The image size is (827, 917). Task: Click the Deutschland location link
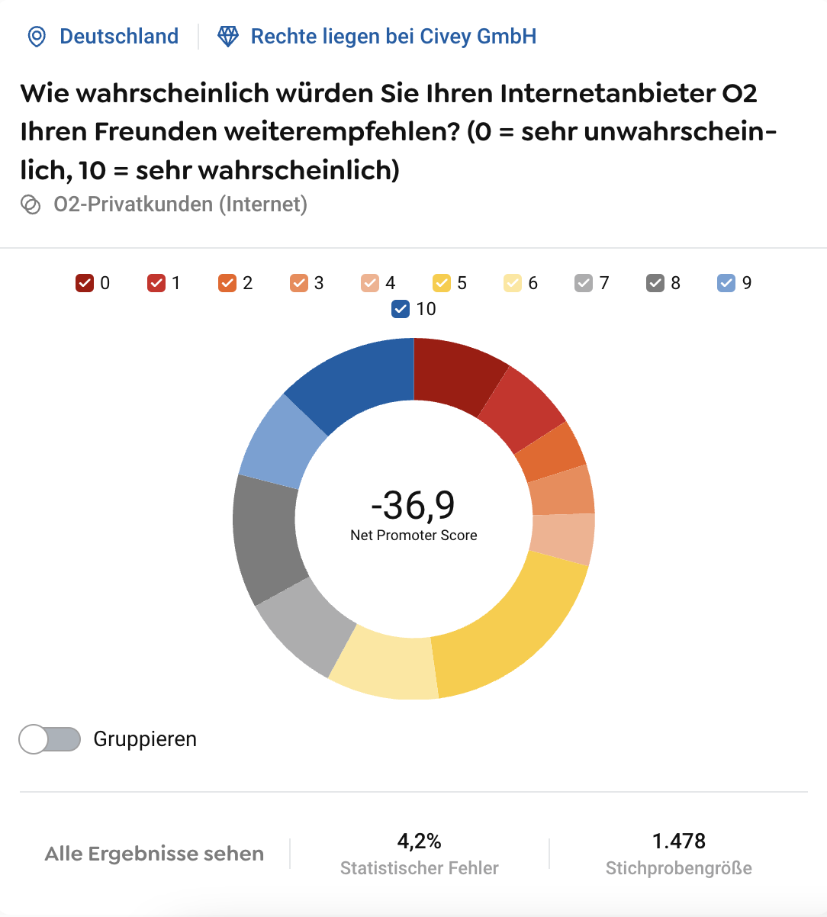[x=118, y=37]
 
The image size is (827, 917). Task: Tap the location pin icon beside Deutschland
[x=37, y=37]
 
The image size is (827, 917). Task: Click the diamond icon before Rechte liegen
[x=228, y=37]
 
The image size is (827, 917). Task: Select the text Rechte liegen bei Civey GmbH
[x=393, y=37]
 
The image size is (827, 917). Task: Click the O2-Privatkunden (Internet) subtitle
[x=180, y=204]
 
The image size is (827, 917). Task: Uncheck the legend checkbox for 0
[x=84, y=283]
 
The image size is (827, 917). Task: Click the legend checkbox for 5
[x=441, y=283]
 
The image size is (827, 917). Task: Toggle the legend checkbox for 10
[x=400, y=309]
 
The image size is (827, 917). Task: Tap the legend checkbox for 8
[x=655, y=283]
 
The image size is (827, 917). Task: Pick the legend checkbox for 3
[x=298, y=283]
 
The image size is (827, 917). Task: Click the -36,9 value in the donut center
[x=413, y=504]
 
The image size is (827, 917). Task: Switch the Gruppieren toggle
[x=50, y=739]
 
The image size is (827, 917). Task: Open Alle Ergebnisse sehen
[x=154, y=854]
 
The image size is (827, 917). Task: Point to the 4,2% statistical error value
[x=419, y=841]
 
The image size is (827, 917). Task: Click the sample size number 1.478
[x=678, y=841]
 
